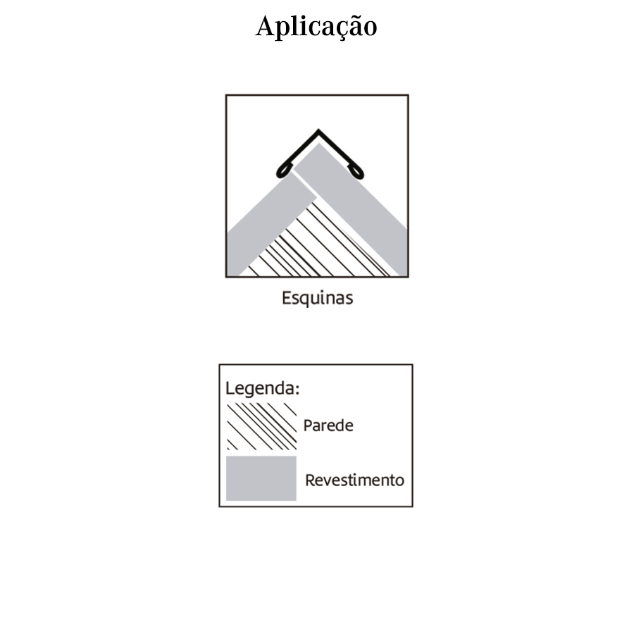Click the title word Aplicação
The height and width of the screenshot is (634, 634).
pos(316,26)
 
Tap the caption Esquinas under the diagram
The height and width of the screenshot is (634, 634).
pos(318,299)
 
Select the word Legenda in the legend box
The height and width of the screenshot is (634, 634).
pos(261,389)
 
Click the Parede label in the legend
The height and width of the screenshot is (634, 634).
pos(328,425)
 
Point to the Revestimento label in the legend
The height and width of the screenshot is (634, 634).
pos(354,480)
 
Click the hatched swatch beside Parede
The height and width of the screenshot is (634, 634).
pos(261,426)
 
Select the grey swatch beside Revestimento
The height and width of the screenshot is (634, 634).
pos(261,478)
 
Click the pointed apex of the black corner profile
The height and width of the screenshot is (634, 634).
pos(318,130)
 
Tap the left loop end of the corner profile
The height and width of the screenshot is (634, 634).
pos(283,171)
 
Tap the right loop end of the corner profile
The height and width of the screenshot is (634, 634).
pos(356,172)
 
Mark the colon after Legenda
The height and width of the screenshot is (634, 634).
pos(297,390)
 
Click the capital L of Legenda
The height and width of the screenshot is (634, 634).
pos(230,388)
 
